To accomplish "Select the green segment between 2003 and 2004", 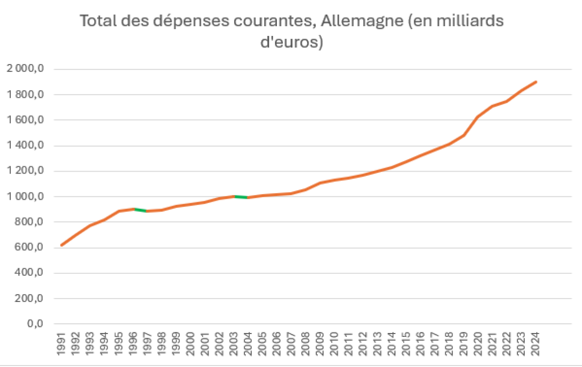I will pos(241,197).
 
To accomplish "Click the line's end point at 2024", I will pos(536,82).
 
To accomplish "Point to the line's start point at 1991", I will pos(62,245).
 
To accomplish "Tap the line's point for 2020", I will pos(478,117).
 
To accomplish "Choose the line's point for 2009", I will pos(320,183).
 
